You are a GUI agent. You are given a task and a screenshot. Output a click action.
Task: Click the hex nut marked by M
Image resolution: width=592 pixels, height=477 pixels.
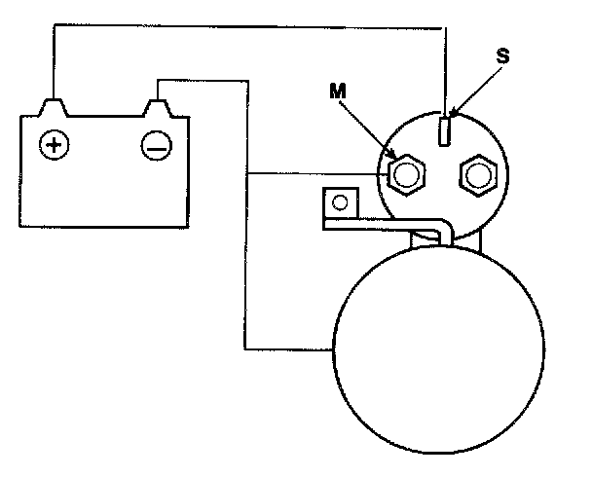coord(405,175)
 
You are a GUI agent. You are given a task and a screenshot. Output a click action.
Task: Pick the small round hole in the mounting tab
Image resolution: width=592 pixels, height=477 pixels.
coord(340,203)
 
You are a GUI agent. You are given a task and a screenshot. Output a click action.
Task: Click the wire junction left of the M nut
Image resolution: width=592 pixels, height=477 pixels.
coord(247,175)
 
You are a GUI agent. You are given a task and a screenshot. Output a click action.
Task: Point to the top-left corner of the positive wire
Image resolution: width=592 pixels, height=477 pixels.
coord(53,26)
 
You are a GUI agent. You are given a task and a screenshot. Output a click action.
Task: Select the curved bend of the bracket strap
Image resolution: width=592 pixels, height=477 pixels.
coord(446,229)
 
